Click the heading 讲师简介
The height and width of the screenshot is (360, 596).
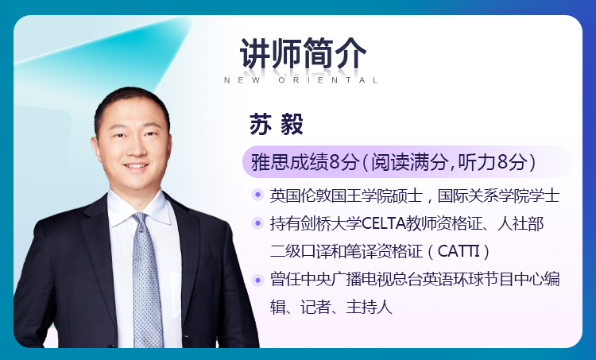(x=303, y=53)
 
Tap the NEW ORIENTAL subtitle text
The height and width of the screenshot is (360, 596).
(x=300, y=80)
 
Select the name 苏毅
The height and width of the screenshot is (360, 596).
(x=277, y=124)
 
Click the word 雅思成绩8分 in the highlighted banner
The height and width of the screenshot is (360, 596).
(x=304, y=162)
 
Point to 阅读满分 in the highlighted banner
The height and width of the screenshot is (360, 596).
(x=409, y=162)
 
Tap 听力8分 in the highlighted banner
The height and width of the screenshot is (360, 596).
(x=493, y=162)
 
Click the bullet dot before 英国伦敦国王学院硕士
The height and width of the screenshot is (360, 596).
(x=257, y=195)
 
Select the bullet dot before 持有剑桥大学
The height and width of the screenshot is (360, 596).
(x=257, y=223)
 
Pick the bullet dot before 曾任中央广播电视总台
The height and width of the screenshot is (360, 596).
(x=257, y=281)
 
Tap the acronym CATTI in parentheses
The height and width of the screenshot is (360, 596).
(x=459, y=251)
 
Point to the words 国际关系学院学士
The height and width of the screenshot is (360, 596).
(x=498, y=195)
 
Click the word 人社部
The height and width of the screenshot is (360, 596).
(x=521, y=223)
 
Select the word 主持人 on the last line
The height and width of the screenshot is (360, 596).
(x=369, y=308)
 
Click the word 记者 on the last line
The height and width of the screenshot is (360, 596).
(x=315, y=308)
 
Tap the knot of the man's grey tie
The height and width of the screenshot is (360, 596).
(x=140, y=220)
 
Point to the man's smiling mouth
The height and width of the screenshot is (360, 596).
(x=136, y=166)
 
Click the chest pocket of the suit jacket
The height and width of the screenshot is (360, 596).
(x=208, y=263)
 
